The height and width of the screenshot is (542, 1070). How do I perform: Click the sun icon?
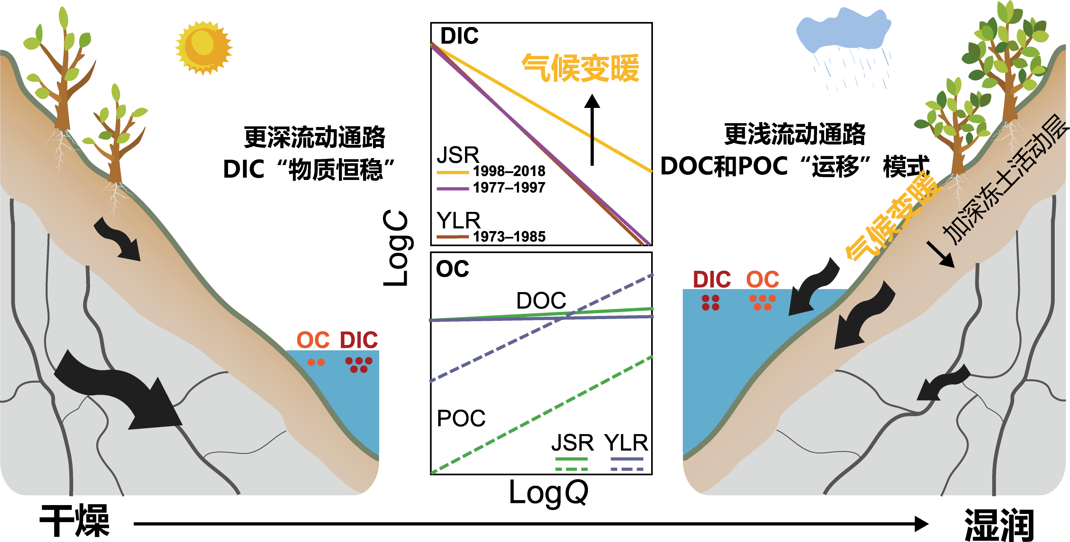(204, 48)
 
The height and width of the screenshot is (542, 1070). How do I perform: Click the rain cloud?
(843, 31)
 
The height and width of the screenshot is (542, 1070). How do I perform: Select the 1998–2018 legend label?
(509, 171)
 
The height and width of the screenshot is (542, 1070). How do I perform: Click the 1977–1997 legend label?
(509, 187)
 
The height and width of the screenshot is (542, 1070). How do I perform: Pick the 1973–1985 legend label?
(509, 236)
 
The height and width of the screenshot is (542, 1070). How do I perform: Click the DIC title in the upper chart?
(459, 36)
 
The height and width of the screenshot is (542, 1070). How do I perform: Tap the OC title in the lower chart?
(452, 269)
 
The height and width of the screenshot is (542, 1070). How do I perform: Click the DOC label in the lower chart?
(541, 301)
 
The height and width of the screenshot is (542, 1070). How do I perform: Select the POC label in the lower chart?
(461, 418)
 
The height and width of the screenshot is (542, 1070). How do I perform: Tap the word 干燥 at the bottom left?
(75, 520)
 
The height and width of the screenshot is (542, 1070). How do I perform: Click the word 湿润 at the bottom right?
(999, 525)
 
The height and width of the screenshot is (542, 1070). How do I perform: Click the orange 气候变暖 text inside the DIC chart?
(580, 68)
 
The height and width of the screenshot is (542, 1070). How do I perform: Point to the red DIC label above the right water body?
(712, 280)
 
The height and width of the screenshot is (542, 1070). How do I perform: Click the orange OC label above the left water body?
(313, 340)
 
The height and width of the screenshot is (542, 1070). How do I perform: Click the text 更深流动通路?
(314, 137)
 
